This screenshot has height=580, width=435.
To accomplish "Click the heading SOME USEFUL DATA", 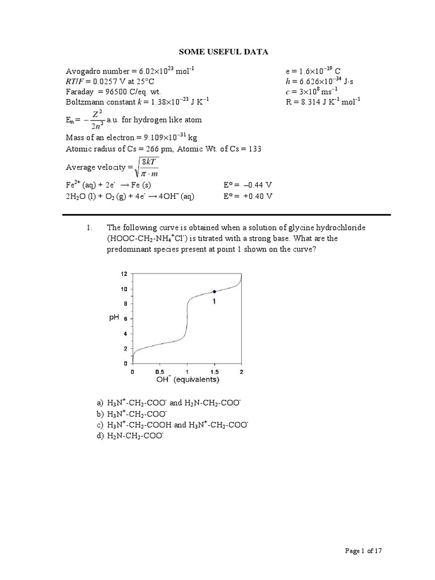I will [x=223, y=52].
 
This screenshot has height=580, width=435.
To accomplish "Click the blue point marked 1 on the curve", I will [x=214, y=291].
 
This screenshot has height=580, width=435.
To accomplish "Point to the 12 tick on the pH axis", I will [x=124, y=274].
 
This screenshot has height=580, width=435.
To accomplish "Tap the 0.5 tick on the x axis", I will [x=160, y=372].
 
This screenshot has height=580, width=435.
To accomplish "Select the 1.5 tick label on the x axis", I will [x=214, y=372].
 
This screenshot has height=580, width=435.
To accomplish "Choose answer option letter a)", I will [x=100, y=403].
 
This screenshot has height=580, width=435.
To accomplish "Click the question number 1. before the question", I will [x=89, y=228].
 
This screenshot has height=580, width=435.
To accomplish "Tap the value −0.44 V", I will [x=257, y=185].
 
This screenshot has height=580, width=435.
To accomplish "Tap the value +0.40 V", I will [x=257, y=196].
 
